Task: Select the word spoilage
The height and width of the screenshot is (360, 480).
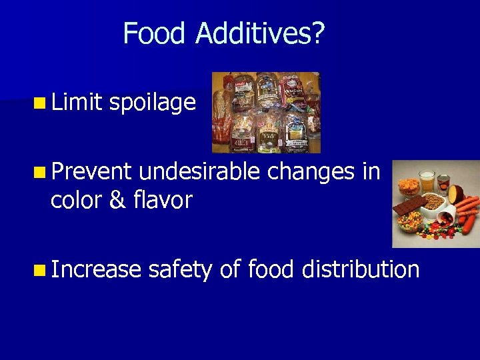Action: pos(152,103)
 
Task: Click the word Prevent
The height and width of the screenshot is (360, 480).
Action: pos(91,172)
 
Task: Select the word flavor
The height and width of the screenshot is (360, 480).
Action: pos(161,199)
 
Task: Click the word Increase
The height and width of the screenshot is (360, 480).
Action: pos(96,269)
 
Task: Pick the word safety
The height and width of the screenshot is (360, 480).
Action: pos(180,269)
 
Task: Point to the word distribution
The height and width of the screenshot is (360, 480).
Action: pos(361,269)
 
